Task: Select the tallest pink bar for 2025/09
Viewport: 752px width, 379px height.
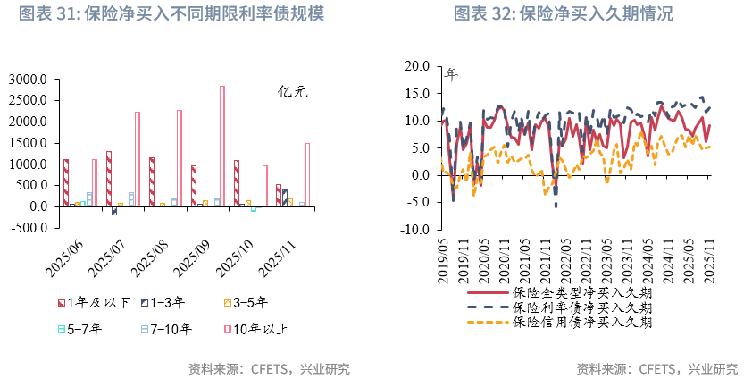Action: pyautogui.click(x=222, y=146)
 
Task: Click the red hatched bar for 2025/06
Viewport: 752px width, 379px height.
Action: pyautogui.click(x=66, y=182)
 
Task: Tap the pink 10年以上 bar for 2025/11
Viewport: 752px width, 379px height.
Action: pyautogui.click(x=307, y=174)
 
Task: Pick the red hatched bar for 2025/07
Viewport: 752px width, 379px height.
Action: pyautogui.click(x=109, y=179)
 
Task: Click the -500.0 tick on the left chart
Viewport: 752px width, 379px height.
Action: pyautogui.click(x=29, y=227)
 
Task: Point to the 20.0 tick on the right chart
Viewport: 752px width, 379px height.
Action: pyautogui.click(x=416, y=66)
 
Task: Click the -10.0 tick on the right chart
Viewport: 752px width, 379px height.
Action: pyautogui.click(x=414, y=230)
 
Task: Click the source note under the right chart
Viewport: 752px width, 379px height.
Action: pyautogui.click(x=656, y=368)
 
